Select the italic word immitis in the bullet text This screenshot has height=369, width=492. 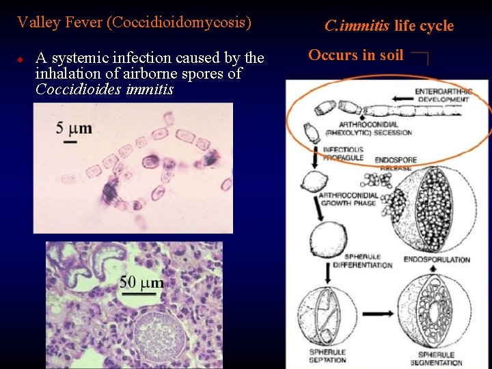150,90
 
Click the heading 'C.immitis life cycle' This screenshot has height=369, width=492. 389,26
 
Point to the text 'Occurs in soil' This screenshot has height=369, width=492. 356,55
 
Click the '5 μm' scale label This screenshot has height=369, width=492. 74,127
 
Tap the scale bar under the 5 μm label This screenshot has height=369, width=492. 70,141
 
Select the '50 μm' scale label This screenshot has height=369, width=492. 141,282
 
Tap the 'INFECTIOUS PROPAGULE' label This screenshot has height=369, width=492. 342,153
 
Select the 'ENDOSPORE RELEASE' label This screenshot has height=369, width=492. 396,164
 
